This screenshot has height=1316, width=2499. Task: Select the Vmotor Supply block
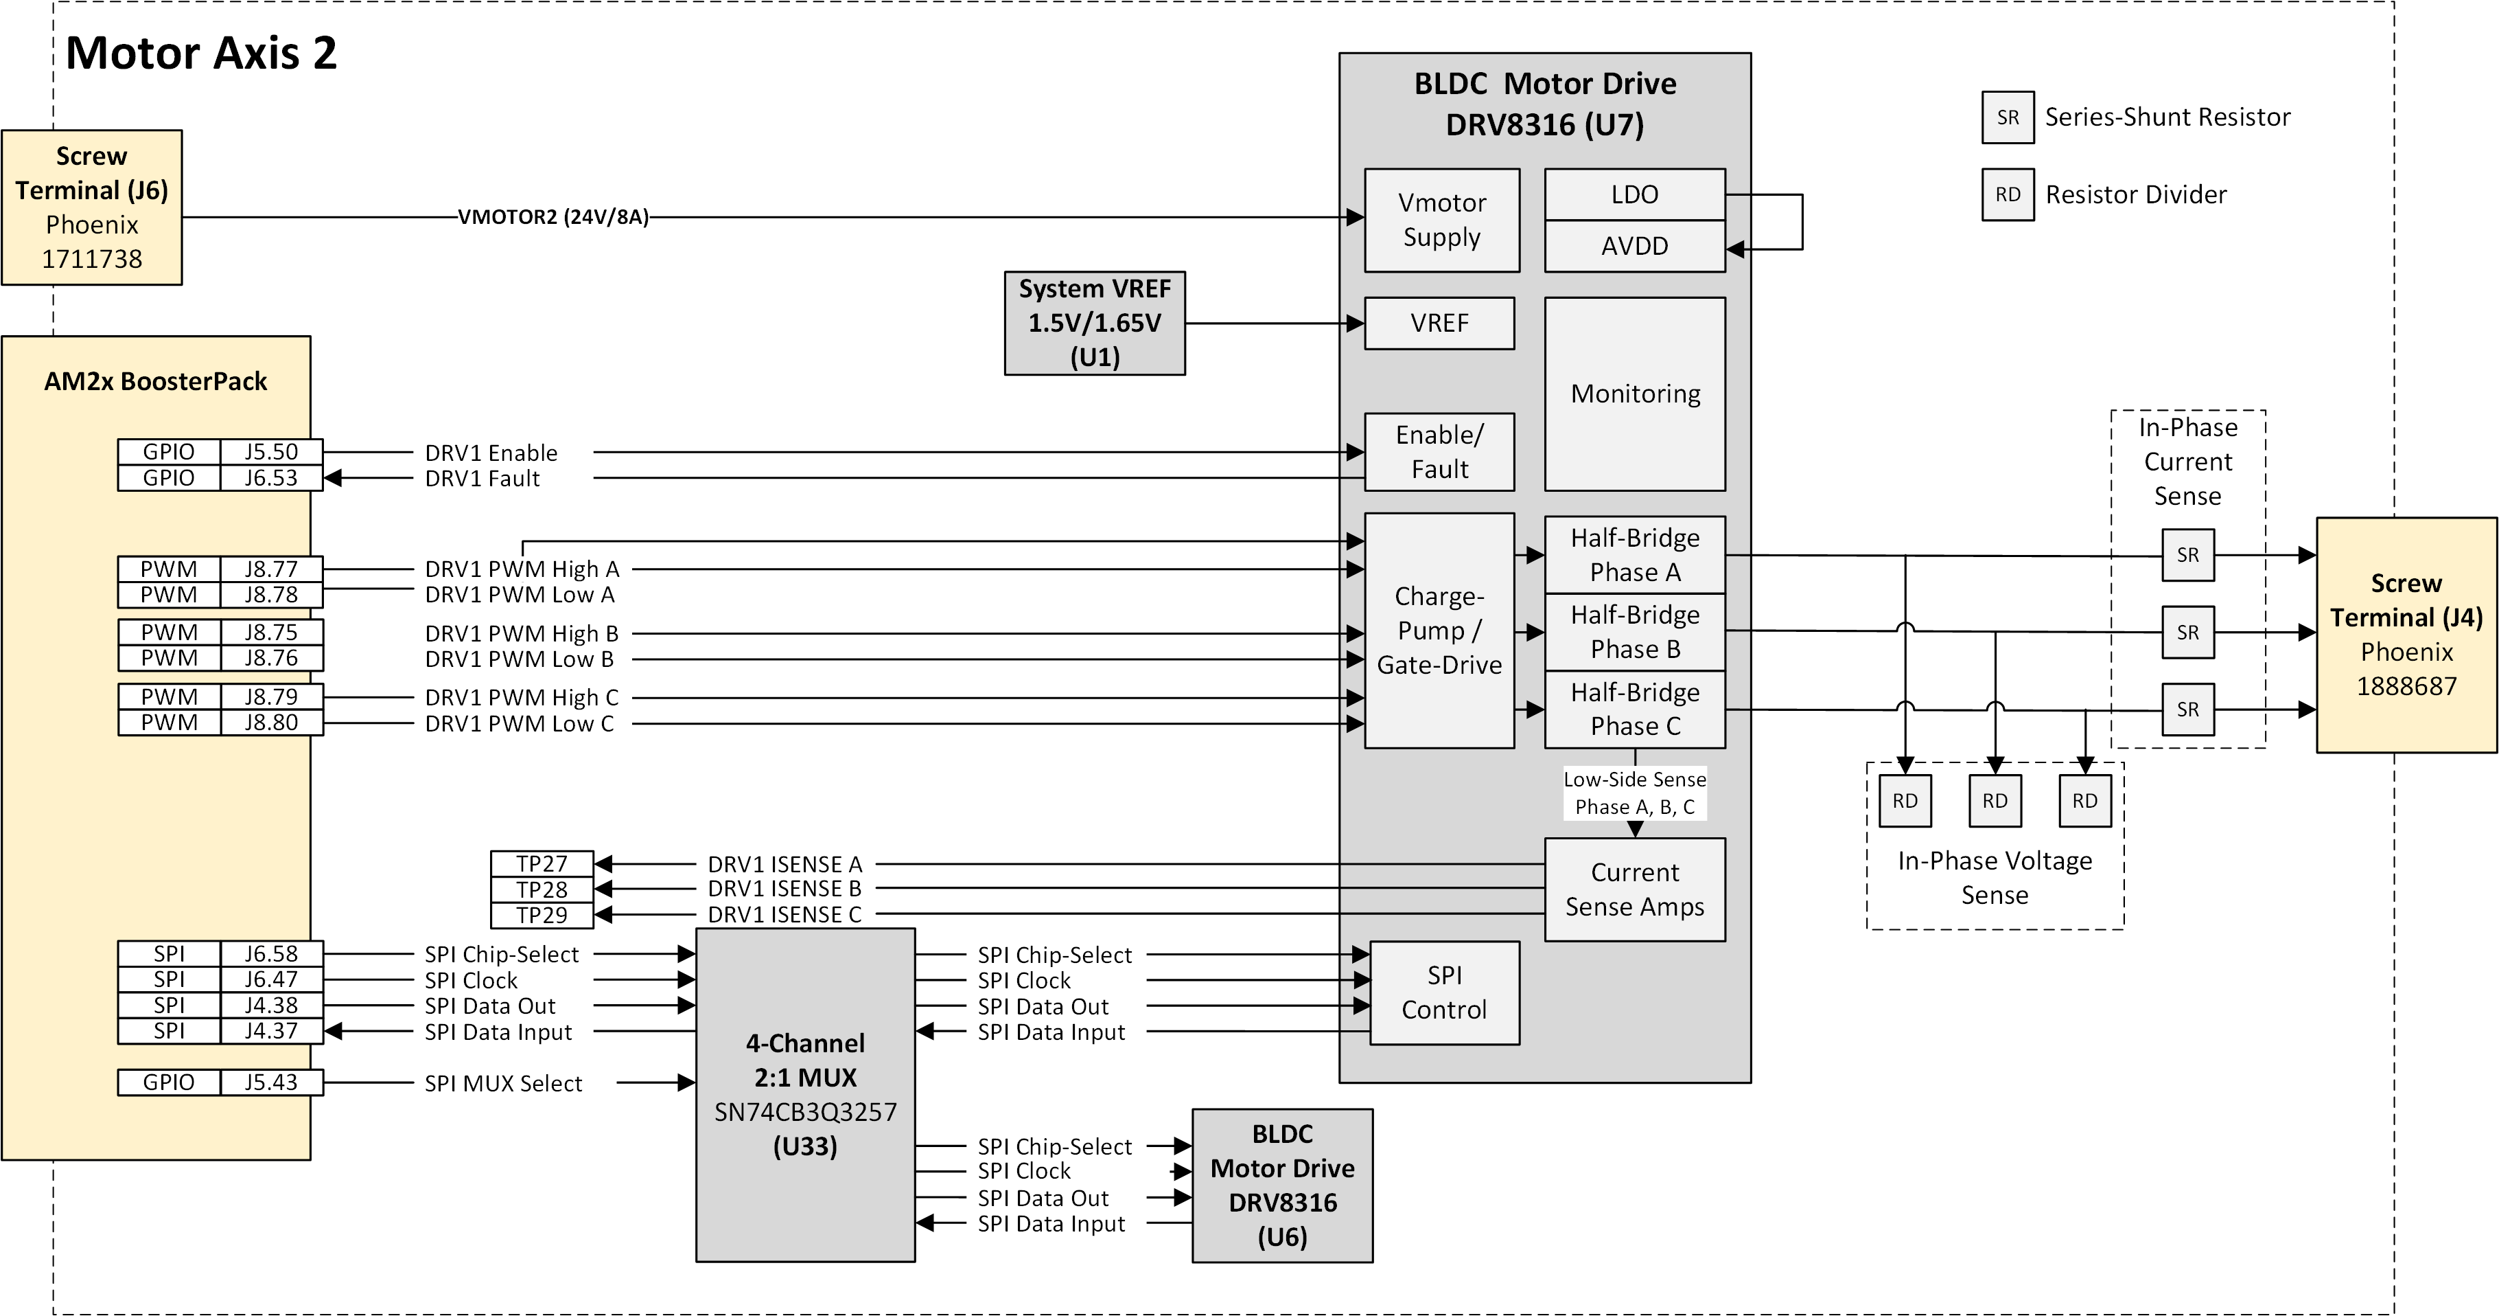click(1441, 220)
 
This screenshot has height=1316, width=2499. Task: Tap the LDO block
click(1635, 195)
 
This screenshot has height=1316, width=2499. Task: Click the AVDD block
click(1635, 247)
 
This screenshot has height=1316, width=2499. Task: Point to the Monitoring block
click(1635, 394)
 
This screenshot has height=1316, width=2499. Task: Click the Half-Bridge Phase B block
click(1635, 632)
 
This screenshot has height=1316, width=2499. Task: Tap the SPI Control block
click(1443, 992)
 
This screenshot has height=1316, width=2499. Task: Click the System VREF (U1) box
click(1094, 324)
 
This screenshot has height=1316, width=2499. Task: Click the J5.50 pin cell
click(270, 452)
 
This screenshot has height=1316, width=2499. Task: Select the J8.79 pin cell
click(270, 697)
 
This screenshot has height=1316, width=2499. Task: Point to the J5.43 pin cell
click(270, 1082)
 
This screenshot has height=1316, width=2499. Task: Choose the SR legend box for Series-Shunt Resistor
click(2007, 117)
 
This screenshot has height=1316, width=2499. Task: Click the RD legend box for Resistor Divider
click(2007, 195)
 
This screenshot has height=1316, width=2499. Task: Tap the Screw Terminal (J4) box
click(2406, 635)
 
